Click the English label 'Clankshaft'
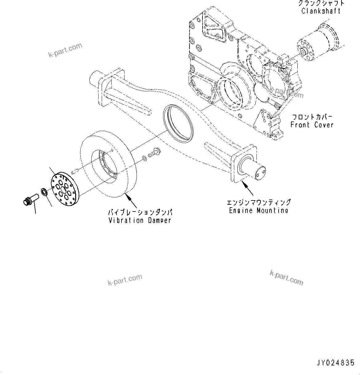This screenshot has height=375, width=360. click(x=321, y=11)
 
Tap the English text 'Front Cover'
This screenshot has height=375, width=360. click(x=312, y=125)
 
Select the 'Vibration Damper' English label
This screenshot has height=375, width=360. click(x=140, y=220)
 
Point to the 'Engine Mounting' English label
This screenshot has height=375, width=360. click(x=259, y=210)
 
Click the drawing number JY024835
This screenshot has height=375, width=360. click(x=335, y=363)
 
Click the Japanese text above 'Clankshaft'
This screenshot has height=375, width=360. click(x=321, y=3)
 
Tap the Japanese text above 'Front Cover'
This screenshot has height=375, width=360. click(x=312, y=117)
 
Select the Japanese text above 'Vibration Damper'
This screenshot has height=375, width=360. click(x=140, y=213)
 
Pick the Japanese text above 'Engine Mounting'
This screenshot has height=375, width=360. click(x=259, y=203)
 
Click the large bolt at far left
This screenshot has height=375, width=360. click(x=30, y=199)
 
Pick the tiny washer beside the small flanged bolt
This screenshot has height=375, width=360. click(x=145, y=159)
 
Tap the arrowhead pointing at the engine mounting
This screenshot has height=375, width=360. click(x=244, y=184)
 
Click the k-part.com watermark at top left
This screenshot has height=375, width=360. click(x=65, y=50)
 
